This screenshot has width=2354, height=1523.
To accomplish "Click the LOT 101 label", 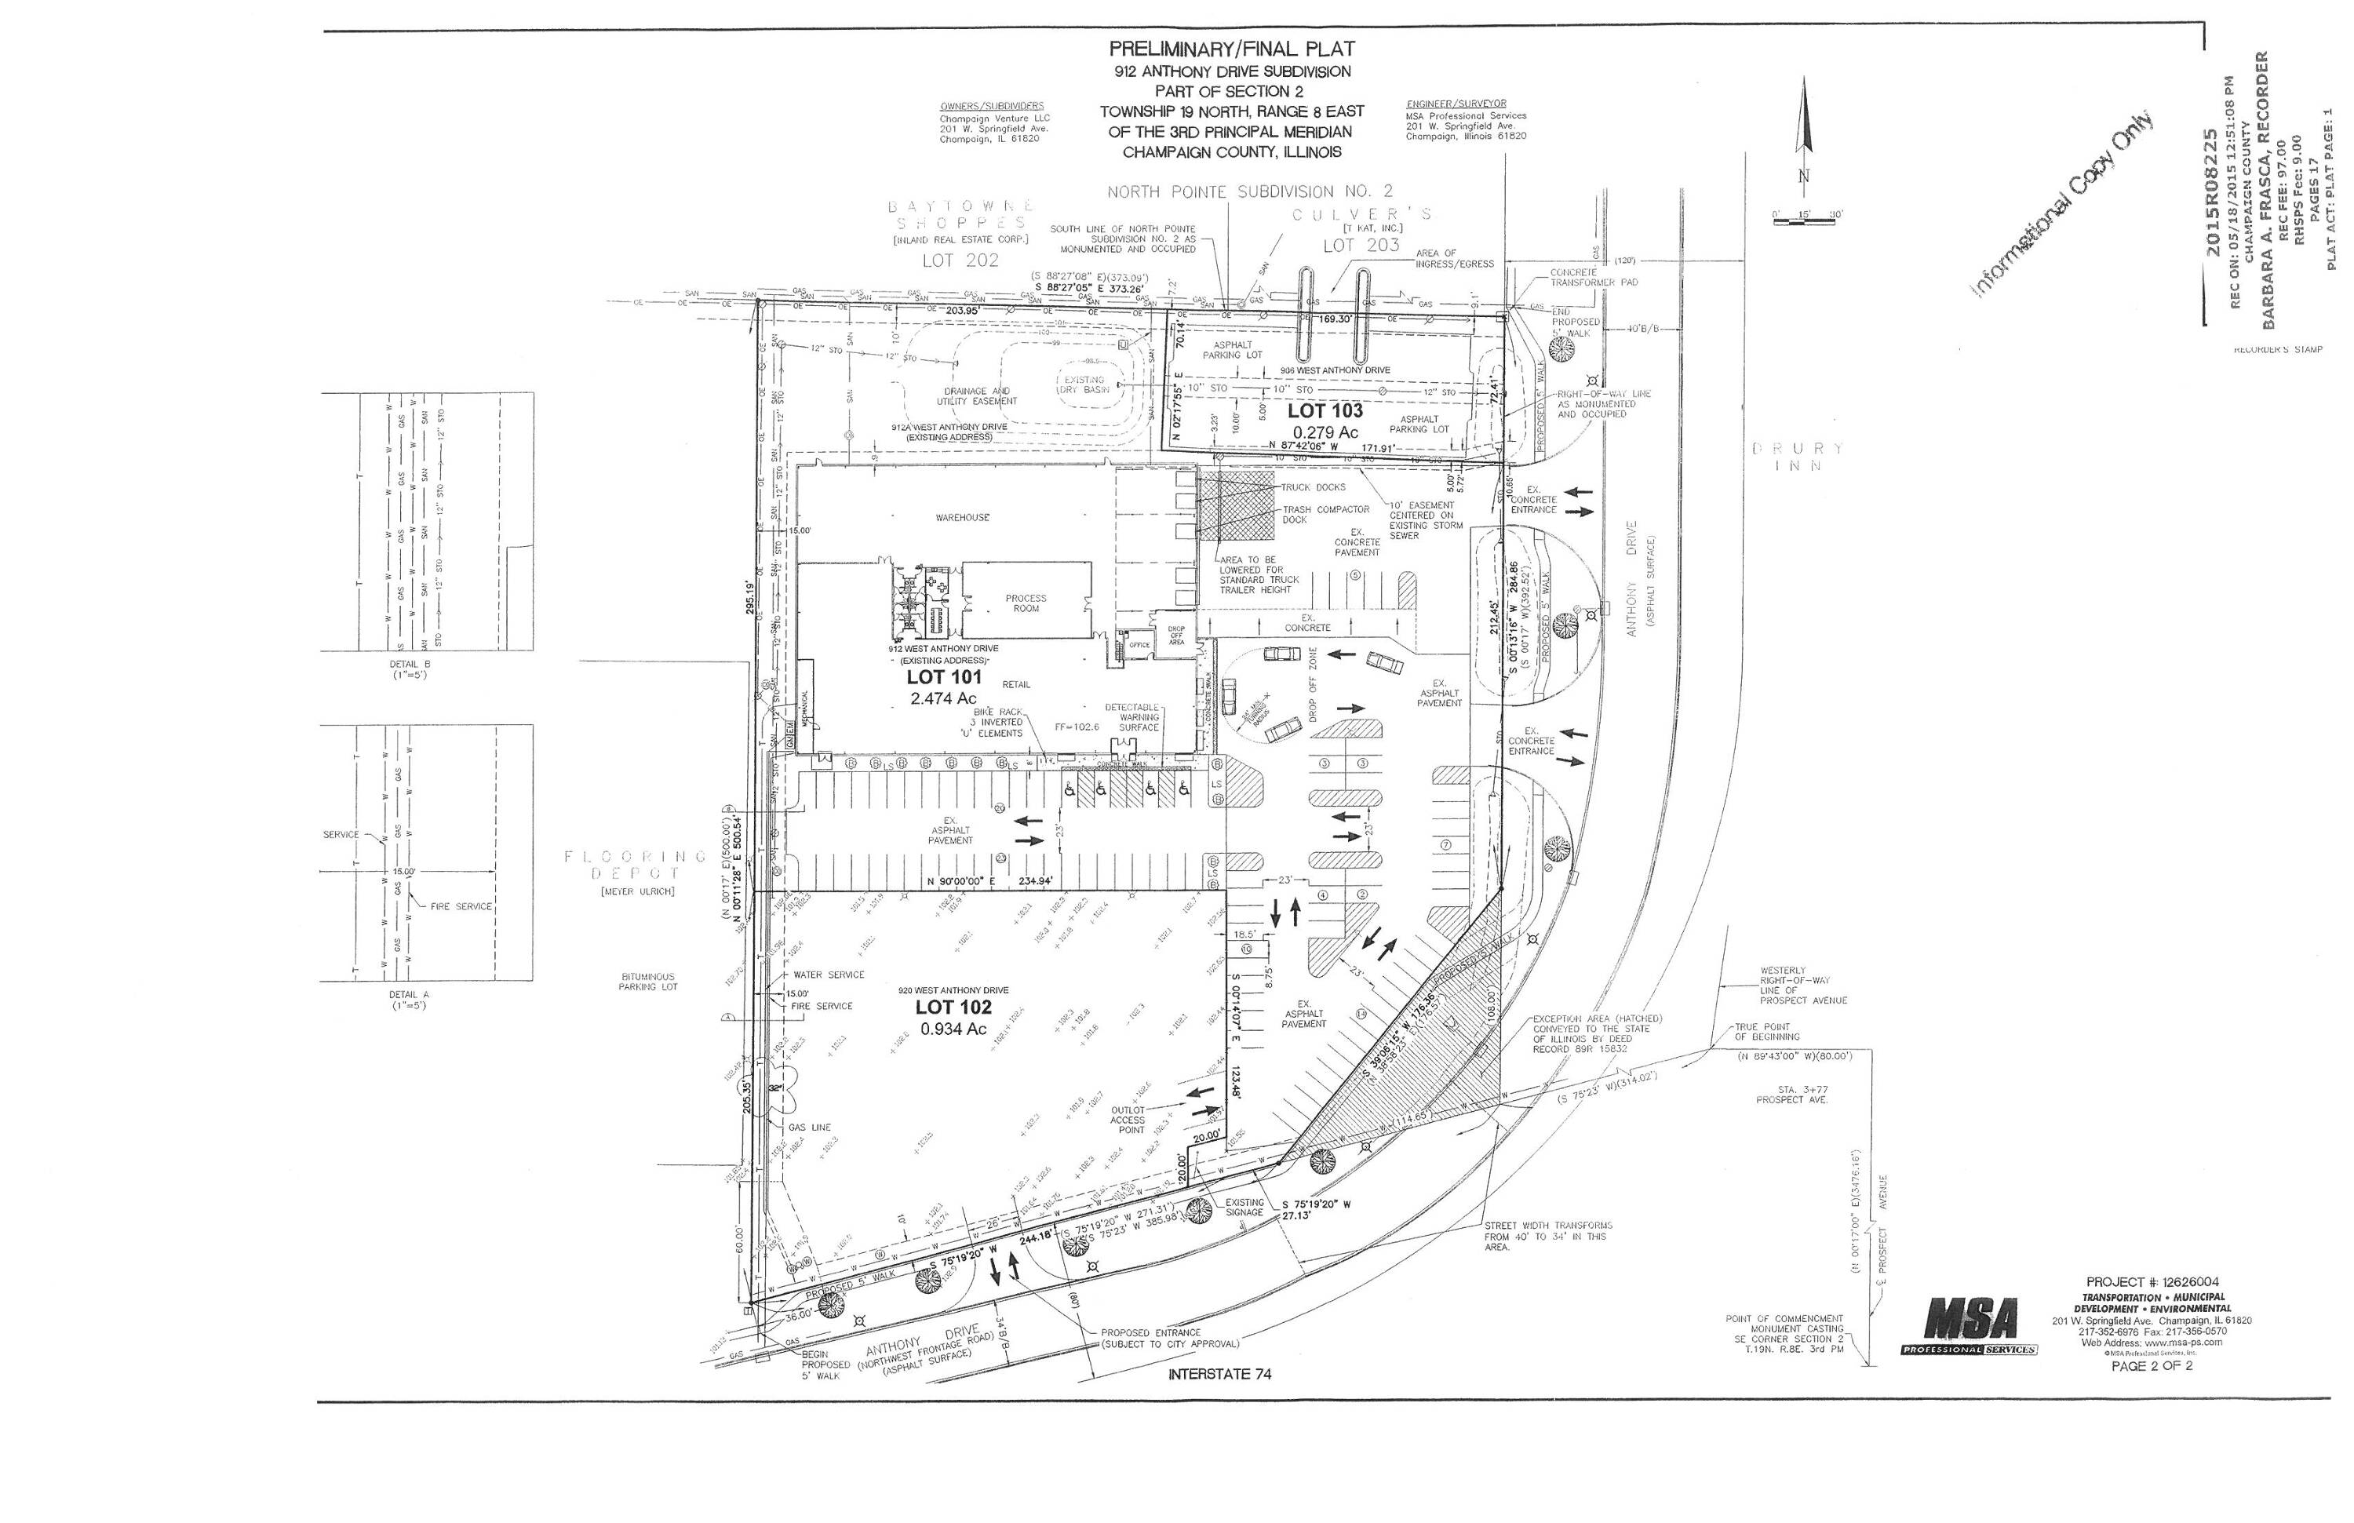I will pos(944,677).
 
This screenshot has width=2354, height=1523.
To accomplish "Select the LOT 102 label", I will pos(953,1007).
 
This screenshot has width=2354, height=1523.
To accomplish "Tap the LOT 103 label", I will pos(1325,410).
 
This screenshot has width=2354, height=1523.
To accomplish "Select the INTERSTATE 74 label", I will pos(1219,1375).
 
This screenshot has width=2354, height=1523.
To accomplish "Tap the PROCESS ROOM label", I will pos(1026,603).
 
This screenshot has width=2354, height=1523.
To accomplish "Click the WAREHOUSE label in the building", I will pos(961,517).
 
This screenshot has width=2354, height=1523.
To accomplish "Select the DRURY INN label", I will pos(1798,457).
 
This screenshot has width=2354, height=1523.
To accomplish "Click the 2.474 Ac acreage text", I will pos(942,698).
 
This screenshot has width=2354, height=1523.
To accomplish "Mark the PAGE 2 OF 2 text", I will pos(2152,1366).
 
